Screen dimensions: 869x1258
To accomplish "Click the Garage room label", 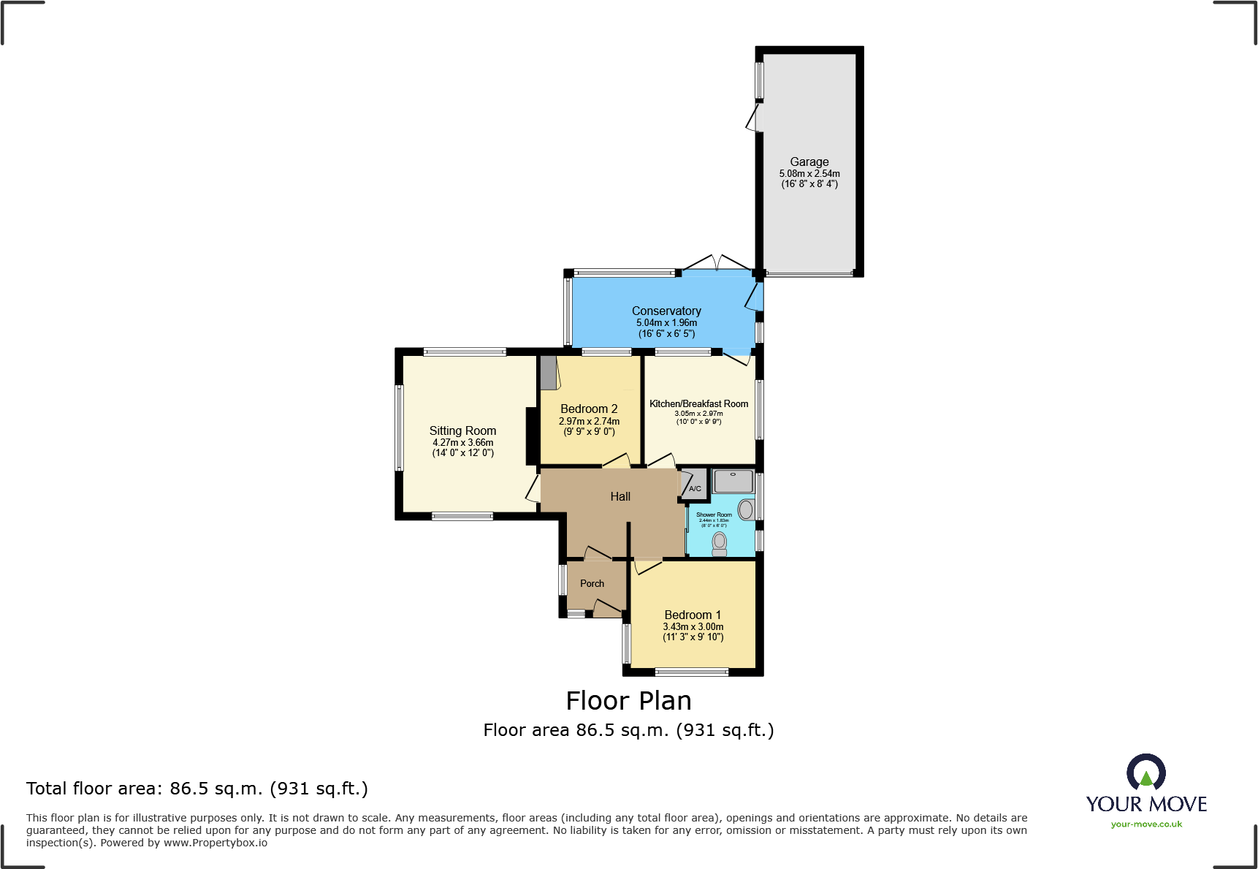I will click(809, 162).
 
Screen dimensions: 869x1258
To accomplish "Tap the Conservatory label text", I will click(666, 311).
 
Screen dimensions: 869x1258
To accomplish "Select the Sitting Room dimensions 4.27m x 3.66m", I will click(462, 442).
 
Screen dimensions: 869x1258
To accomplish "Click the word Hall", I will click(620, 496).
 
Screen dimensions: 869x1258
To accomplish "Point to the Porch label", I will click(592, 583).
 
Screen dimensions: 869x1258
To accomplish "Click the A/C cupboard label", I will click(695, 488).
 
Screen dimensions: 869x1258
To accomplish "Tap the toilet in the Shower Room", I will click(720, 543).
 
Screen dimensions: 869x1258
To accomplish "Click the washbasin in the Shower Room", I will click(746, 509).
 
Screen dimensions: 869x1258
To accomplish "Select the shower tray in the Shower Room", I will click(733, 482).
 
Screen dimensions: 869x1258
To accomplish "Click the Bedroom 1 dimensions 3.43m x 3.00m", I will click(693, 626).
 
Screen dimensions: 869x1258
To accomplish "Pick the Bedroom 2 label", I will click(589, 409).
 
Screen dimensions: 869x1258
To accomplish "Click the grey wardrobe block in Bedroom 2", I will click(548, 373).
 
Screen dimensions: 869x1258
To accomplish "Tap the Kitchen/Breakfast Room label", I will click(698, 403).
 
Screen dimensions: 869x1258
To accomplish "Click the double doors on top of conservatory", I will click(718, 263).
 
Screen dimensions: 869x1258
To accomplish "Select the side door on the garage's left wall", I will click(753, 118).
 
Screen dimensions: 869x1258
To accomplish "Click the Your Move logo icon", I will click(1145, 773).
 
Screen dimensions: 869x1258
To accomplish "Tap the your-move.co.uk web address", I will click(1146, 824).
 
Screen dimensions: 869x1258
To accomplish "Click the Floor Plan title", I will click(628, 700).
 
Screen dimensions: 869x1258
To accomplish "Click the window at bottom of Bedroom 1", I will click(691, 672).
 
